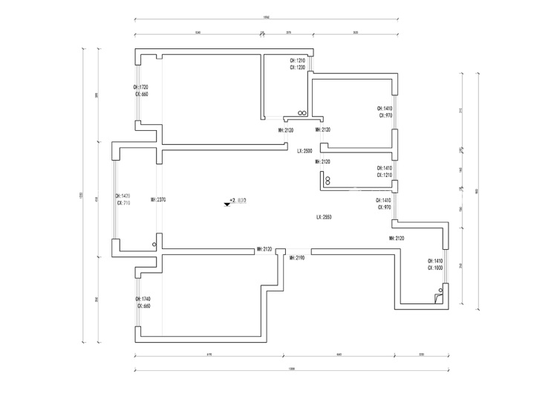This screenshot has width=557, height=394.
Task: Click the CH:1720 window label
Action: tap(141, 87)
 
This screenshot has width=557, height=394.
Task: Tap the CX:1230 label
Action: tap(297, 68)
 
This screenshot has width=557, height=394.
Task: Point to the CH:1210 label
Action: tap(297, 60)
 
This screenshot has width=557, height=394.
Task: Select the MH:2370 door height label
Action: tap(157, 199)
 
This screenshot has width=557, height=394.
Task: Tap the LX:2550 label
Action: tap(323, 217)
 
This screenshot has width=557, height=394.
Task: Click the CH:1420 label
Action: tap(123, 196)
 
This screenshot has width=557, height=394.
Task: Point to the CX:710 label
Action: tap(123, 203)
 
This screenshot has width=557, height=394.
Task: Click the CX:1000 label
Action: tap(435, 268)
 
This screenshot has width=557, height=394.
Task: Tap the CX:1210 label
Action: tap(385, 175)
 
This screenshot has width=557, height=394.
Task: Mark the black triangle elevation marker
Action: tap(227, 202)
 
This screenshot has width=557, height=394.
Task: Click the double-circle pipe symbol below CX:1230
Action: tap(302, 113)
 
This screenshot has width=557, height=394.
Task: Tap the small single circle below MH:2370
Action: tap(154, 244)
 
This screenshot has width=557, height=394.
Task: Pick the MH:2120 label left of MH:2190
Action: tap(264, 250)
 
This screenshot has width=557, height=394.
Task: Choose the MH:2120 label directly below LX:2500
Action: tap(322, 161)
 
